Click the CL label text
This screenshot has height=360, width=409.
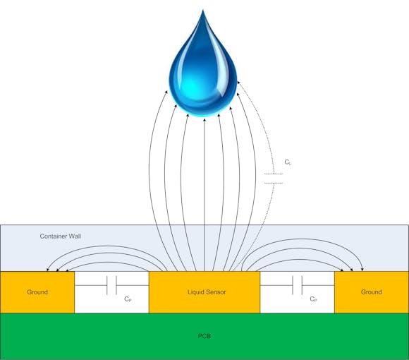point(288,162)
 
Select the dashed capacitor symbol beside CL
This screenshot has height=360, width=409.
point(274,179)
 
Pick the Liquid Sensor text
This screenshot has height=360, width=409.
point(207,292)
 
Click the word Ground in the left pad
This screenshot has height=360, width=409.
point(37,292)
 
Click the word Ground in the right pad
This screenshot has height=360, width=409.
point(371,292)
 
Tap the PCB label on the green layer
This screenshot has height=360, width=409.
point(204,336)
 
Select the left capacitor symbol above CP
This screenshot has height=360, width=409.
point(111,285)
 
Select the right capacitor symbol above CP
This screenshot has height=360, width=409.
point(297,285)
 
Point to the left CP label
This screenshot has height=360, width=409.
point(128,299)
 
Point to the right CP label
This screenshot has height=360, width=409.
point(313,299)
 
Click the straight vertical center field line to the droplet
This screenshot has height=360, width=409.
point(204,191)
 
